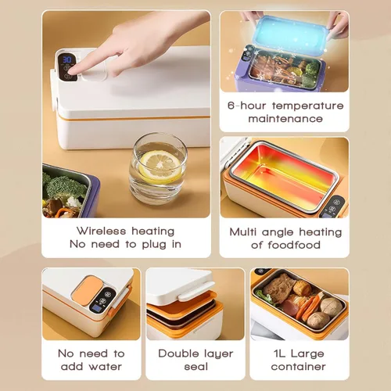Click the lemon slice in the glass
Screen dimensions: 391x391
click(x=160, y=167)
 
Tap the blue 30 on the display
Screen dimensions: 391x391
click(x=67, y=59)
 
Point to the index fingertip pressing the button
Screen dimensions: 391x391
click(x=72, y=70)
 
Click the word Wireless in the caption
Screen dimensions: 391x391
click(x=101, y=231)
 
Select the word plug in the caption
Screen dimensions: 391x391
click(x=154, y=245)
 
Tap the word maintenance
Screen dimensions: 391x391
click(x=285, y=119)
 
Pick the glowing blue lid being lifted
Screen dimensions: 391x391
click(x=290, y=34)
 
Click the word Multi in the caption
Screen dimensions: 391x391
click(x=243, y=231)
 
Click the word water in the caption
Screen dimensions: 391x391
click(x=106, y=367)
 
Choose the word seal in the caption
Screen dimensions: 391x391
click(x=196, y=367)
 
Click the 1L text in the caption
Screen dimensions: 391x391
click(x=279, y=353)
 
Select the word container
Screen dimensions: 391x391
click(x=298, y=367)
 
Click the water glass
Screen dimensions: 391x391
click(x=158, y=169)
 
